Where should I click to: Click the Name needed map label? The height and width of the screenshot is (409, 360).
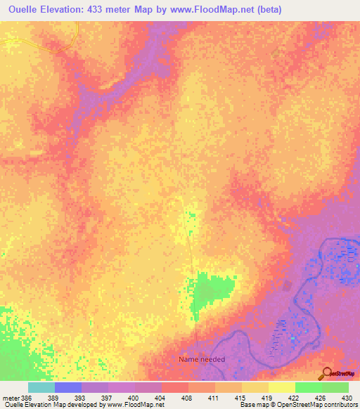click(x=202, y=359)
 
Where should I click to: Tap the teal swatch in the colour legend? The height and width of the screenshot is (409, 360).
click(x=41, y=387)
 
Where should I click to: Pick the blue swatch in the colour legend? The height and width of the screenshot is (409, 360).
click(x=68, y=387)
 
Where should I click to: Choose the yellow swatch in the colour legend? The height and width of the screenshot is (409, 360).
click(x=281, y=387)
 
